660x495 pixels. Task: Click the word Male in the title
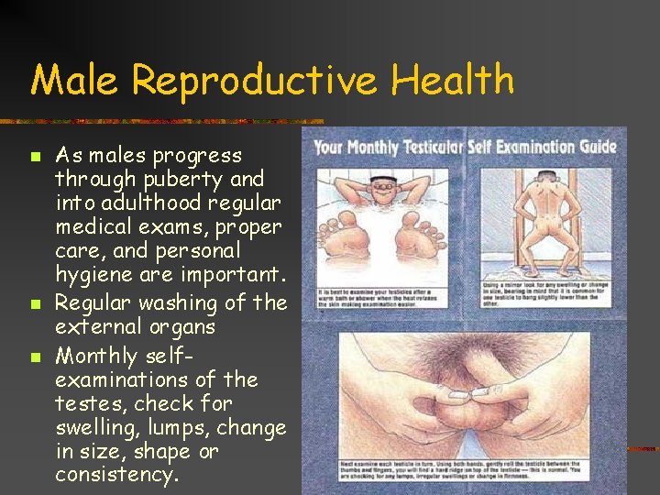coord(76,80)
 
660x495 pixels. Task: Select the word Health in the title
coord(453,80)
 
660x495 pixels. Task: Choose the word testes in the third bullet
coord(84,403)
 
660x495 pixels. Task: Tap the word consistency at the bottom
coord(115,475)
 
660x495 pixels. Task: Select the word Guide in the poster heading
coord(593,148)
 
